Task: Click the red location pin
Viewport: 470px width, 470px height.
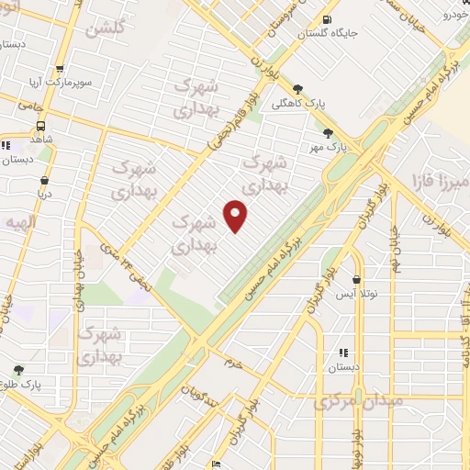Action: coord(236,216)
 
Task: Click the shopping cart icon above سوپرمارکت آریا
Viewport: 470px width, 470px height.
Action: coord(60,69)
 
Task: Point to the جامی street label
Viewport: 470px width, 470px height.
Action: coord(31,106)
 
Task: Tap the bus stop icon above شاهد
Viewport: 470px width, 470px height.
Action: coord(41,125)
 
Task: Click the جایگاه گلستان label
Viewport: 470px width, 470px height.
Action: coord(329,34)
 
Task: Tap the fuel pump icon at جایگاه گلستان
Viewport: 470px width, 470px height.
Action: coord(328,19)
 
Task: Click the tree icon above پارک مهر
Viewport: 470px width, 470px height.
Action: coord(328,133)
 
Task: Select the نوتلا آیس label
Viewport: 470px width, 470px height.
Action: coord(355,294)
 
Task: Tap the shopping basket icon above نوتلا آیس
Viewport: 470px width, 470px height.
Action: coord(356,280)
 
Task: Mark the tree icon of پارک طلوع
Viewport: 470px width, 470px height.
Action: coord(18,370)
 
